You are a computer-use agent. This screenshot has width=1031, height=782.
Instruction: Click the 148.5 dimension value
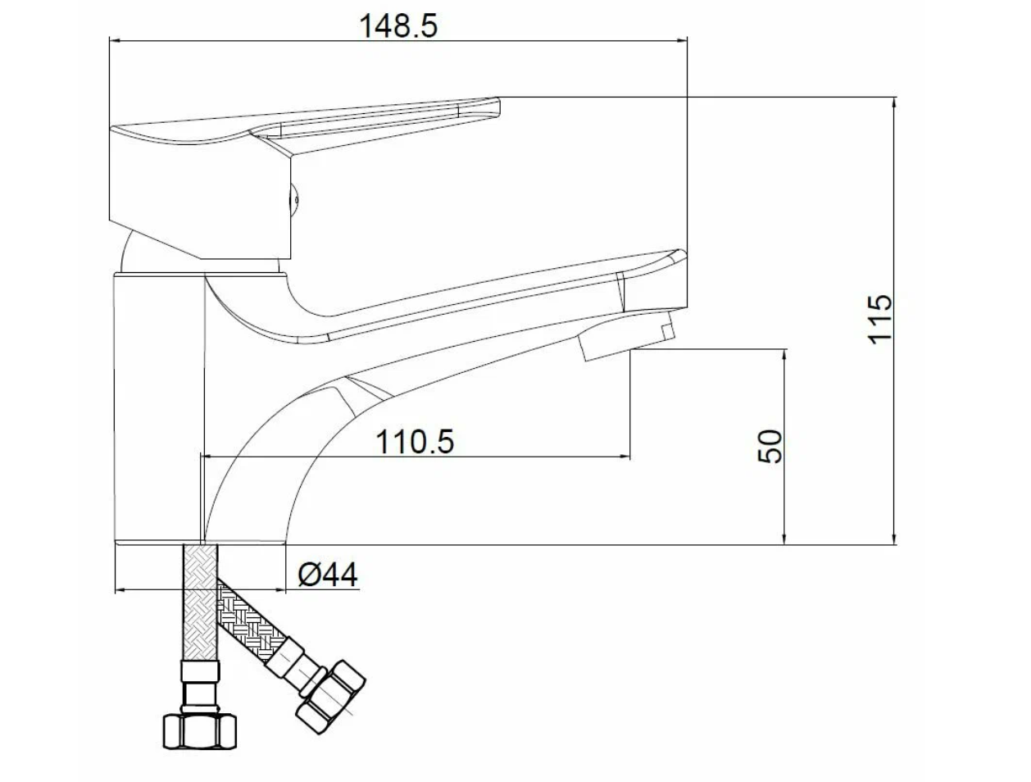398,26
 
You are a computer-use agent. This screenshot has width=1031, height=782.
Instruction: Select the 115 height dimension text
879,320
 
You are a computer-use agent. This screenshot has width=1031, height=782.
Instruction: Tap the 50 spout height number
770,446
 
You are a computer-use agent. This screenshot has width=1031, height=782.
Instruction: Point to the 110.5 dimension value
416,442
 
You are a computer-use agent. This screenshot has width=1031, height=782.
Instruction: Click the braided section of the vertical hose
200,603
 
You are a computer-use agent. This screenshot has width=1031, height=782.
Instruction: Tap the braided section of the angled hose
252,620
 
